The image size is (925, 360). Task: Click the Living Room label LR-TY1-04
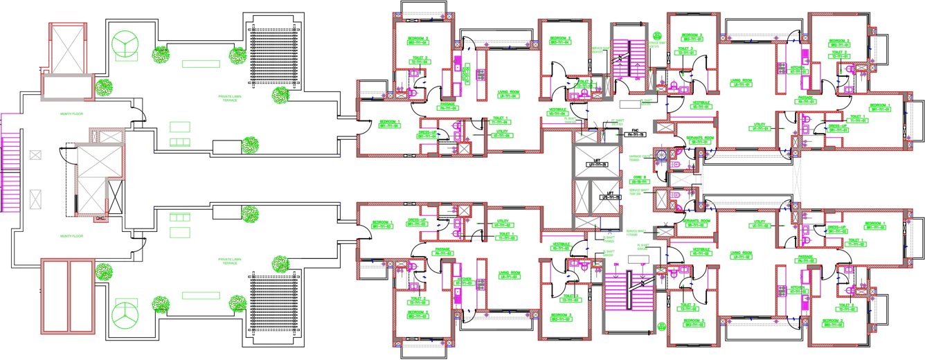(x=508, y=96)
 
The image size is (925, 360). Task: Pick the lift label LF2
(x=610, y=197)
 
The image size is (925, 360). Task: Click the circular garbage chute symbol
(x=662, y=154)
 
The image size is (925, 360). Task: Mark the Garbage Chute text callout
(x=640, y=159)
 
